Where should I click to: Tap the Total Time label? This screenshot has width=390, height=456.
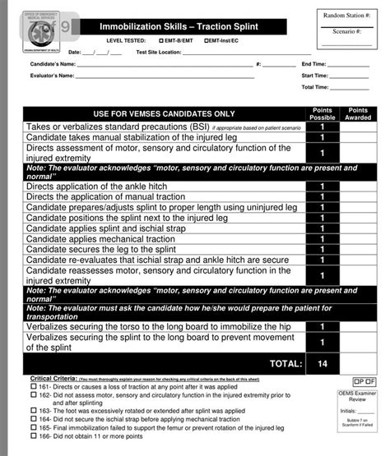coord(315,86)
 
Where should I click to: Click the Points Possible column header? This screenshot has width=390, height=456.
coord(323,113)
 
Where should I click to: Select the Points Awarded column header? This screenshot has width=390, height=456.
coord(358,113)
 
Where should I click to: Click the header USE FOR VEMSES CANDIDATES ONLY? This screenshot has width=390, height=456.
coord(164,113)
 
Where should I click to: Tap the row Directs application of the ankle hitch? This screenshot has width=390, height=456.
coord(97,187)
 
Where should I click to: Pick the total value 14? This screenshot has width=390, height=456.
coord(323,363)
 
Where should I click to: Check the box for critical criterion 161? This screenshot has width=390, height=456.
coord(34,385)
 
